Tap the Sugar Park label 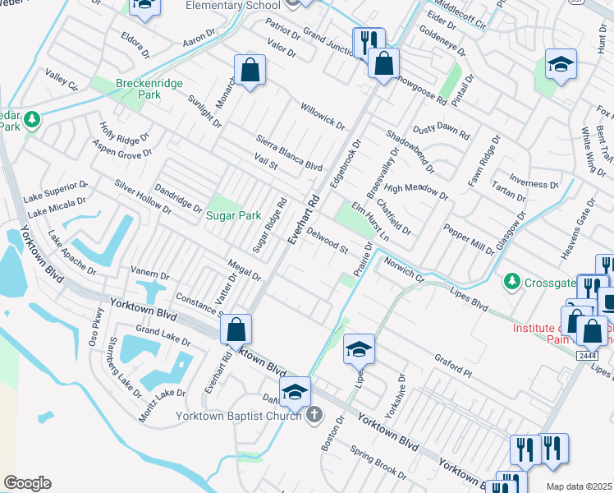233,215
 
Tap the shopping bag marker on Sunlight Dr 250,71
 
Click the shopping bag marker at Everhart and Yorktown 236,331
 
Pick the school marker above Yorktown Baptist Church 295,393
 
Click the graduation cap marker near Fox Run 561,66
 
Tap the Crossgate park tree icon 512,281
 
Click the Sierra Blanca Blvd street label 289,154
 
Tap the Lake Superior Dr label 55,190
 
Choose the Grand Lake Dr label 163,335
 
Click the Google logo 27,483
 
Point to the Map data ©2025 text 579,486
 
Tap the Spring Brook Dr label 374,463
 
